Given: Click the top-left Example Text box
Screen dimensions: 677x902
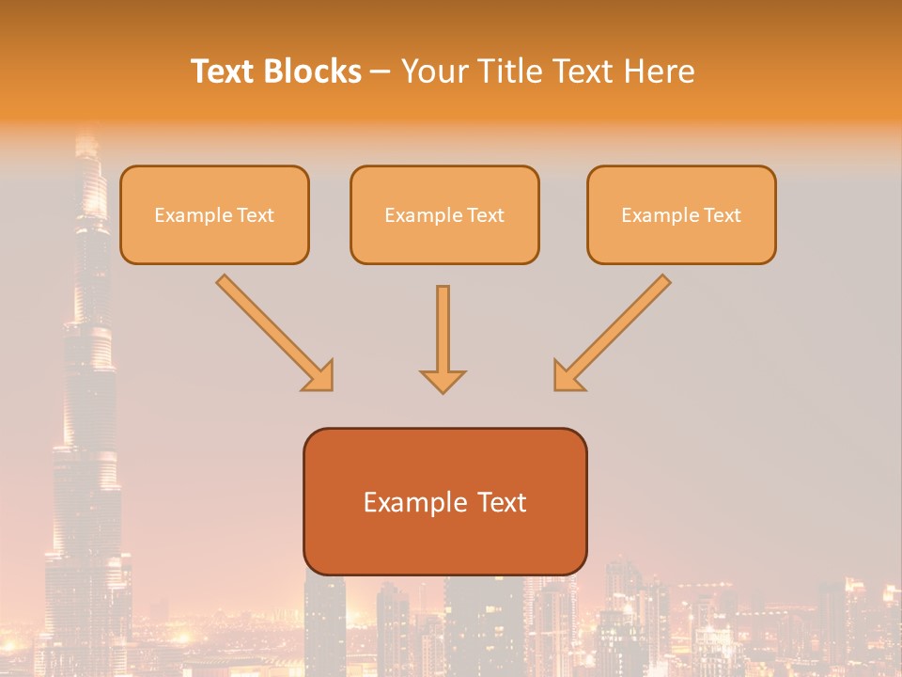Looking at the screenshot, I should (214, 214).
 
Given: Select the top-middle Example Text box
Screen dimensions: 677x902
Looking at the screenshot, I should (444, 214).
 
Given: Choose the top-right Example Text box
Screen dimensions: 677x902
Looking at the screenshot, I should (681, 214).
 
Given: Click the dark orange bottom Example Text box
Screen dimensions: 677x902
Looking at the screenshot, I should (444, 501).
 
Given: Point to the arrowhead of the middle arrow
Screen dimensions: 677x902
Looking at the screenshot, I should (443, 381).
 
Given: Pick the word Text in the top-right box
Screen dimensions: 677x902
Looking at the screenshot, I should (722, 215).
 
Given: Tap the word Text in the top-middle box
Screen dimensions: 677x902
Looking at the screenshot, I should (485, 215).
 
